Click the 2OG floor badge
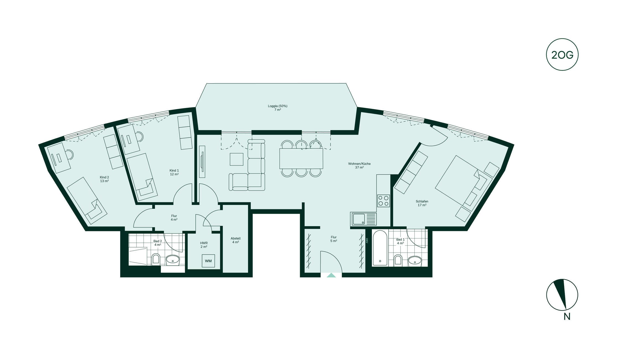[x=562, y=55]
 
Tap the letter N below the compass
[x=567, y=317]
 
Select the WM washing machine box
[x=208, y=261]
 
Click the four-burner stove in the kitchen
[x=383, y=201]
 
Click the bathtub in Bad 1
[x=380, y=248]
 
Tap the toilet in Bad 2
[x=156, y=259]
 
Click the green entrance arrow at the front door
[x=331, y=275]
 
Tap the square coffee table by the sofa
[x=236, y=159]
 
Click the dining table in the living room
[x=301, y=159]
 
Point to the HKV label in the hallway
[x=367, y=241]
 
